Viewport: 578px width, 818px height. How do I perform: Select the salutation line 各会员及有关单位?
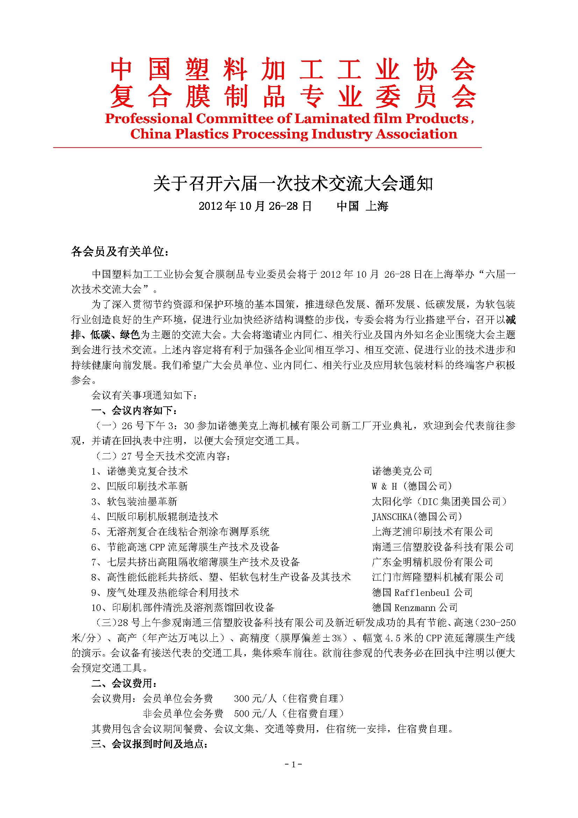coord(120,252)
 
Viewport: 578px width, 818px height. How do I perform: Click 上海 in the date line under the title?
coord(377,206)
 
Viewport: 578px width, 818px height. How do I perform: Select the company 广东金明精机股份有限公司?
coord(432,562)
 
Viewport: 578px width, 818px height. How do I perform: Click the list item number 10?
coord(97,608)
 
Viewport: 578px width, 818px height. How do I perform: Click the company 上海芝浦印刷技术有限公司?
coord(432,532)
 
